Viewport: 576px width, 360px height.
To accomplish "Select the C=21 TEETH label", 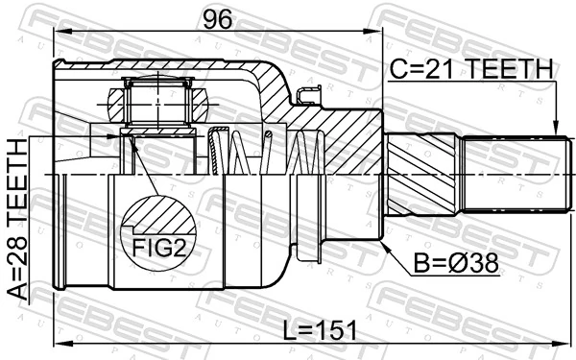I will tap(470, 69).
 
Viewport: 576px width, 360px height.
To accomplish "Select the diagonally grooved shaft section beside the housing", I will tap(422, 173).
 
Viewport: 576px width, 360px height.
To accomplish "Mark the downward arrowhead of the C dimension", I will tap(557, 132).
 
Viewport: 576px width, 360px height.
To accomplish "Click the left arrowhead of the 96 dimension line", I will tap(58, 33).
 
